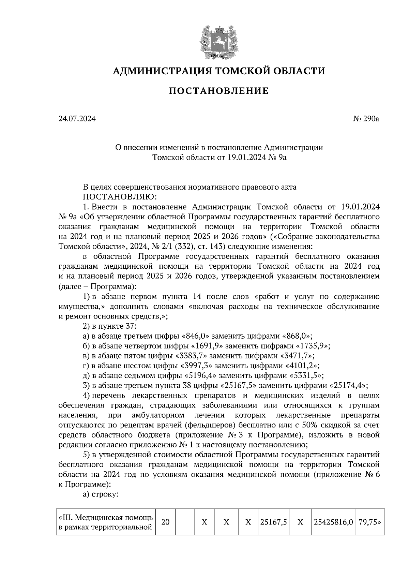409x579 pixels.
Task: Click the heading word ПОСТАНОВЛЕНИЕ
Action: point(218,91)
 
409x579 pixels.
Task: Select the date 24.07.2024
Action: point(77,119)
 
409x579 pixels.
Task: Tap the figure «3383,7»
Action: point(191,356)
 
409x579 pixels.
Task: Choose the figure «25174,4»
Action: point(349,386)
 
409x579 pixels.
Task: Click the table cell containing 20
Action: point(165,522)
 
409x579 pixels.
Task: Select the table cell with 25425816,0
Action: point(333,522)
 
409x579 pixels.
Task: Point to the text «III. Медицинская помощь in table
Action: point(106,518)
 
